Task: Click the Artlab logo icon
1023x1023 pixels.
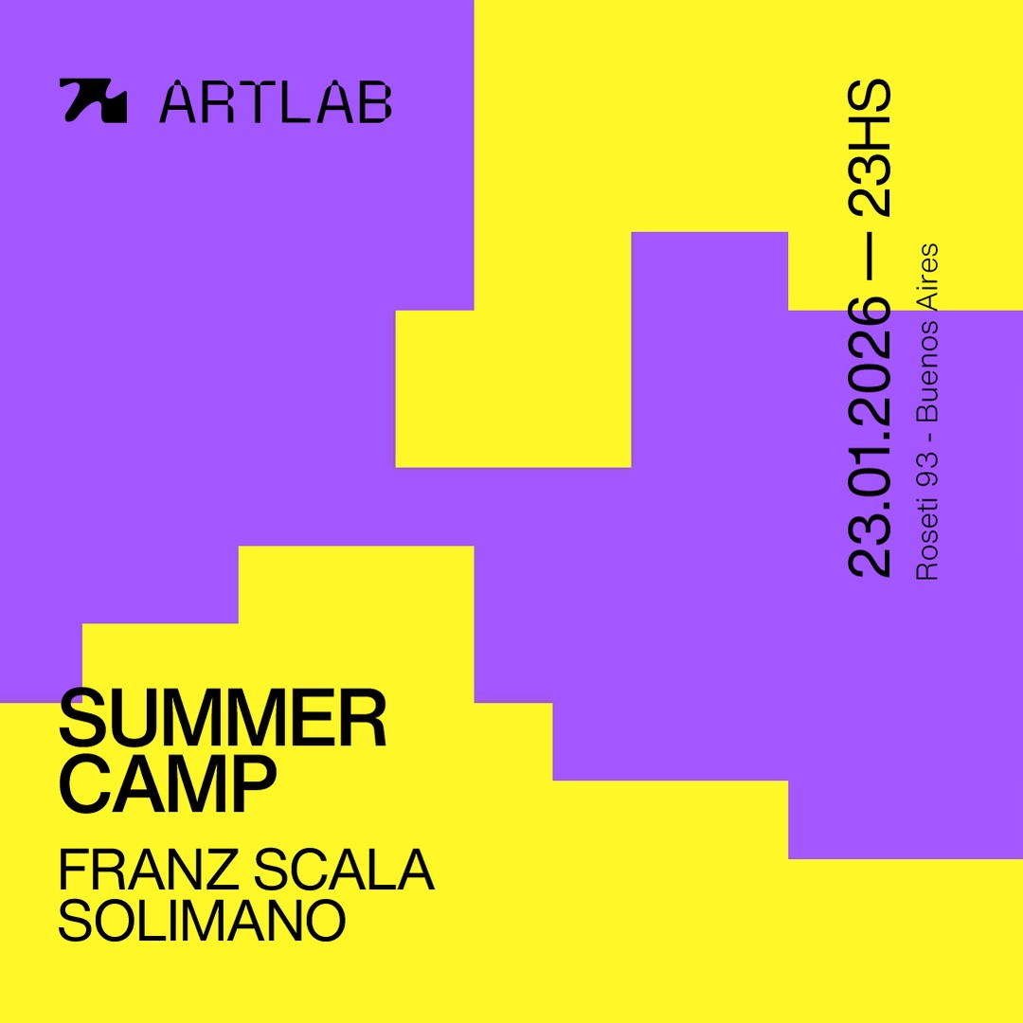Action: click(93, 100)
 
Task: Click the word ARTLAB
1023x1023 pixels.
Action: click(275, 102)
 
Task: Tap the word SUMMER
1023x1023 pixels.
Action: click(223, 719)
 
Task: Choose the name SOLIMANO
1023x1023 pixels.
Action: click(202, 921)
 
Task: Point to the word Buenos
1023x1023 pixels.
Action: click(927, 368)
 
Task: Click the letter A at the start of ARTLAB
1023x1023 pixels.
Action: click(179, 102)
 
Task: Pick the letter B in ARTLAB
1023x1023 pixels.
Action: click(374, 102)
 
